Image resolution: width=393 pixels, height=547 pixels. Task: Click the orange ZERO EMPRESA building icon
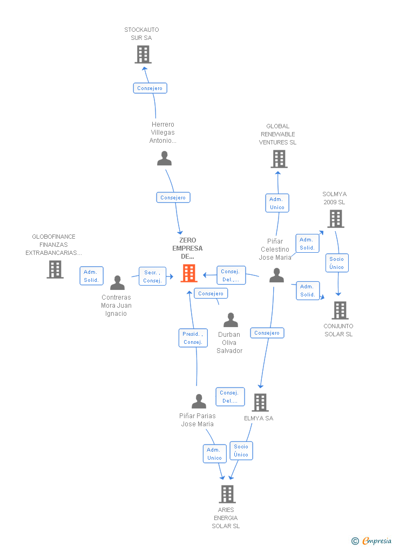click(188, 273)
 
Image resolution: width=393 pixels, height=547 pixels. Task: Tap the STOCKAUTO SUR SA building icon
click(143, 54)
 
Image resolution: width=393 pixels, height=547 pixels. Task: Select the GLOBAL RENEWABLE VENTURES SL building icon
click(279, 159)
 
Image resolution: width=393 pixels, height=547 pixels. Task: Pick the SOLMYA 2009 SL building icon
click(335, 218)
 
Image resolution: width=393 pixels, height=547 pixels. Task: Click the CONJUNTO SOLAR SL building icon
click(340, 310)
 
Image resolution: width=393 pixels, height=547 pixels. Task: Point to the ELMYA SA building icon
click(260, 402)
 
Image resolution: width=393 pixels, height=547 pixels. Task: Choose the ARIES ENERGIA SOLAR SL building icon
click(227, 494)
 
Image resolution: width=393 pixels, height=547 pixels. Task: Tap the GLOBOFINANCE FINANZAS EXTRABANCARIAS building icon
click(55, 269)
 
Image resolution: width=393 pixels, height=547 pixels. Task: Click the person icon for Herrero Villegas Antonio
click(164, 158)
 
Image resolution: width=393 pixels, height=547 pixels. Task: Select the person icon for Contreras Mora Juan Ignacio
click(117, 283)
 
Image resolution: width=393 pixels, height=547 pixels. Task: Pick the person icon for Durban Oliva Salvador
click(231, 320)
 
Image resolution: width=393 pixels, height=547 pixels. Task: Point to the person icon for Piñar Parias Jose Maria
click(199, 401)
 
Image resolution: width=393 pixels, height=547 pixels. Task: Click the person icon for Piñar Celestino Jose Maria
click(276, 275)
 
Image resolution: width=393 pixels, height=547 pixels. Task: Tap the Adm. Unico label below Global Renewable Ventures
click(277, 203)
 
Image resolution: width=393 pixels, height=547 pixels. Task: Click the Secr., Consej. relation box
click(152, 276)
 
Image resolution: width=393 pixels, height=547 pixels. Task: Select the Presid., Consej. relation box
click(193, 338)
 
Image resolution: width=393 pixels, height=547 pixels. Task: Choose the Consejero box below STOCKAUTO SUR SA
click(150, 88)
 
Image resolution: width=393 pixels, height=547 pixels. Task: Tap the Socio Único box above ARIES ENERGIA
click(241, 450)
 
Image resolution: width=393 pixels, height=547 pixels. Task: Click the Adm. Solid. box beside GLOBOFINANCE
click(91, 276)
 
